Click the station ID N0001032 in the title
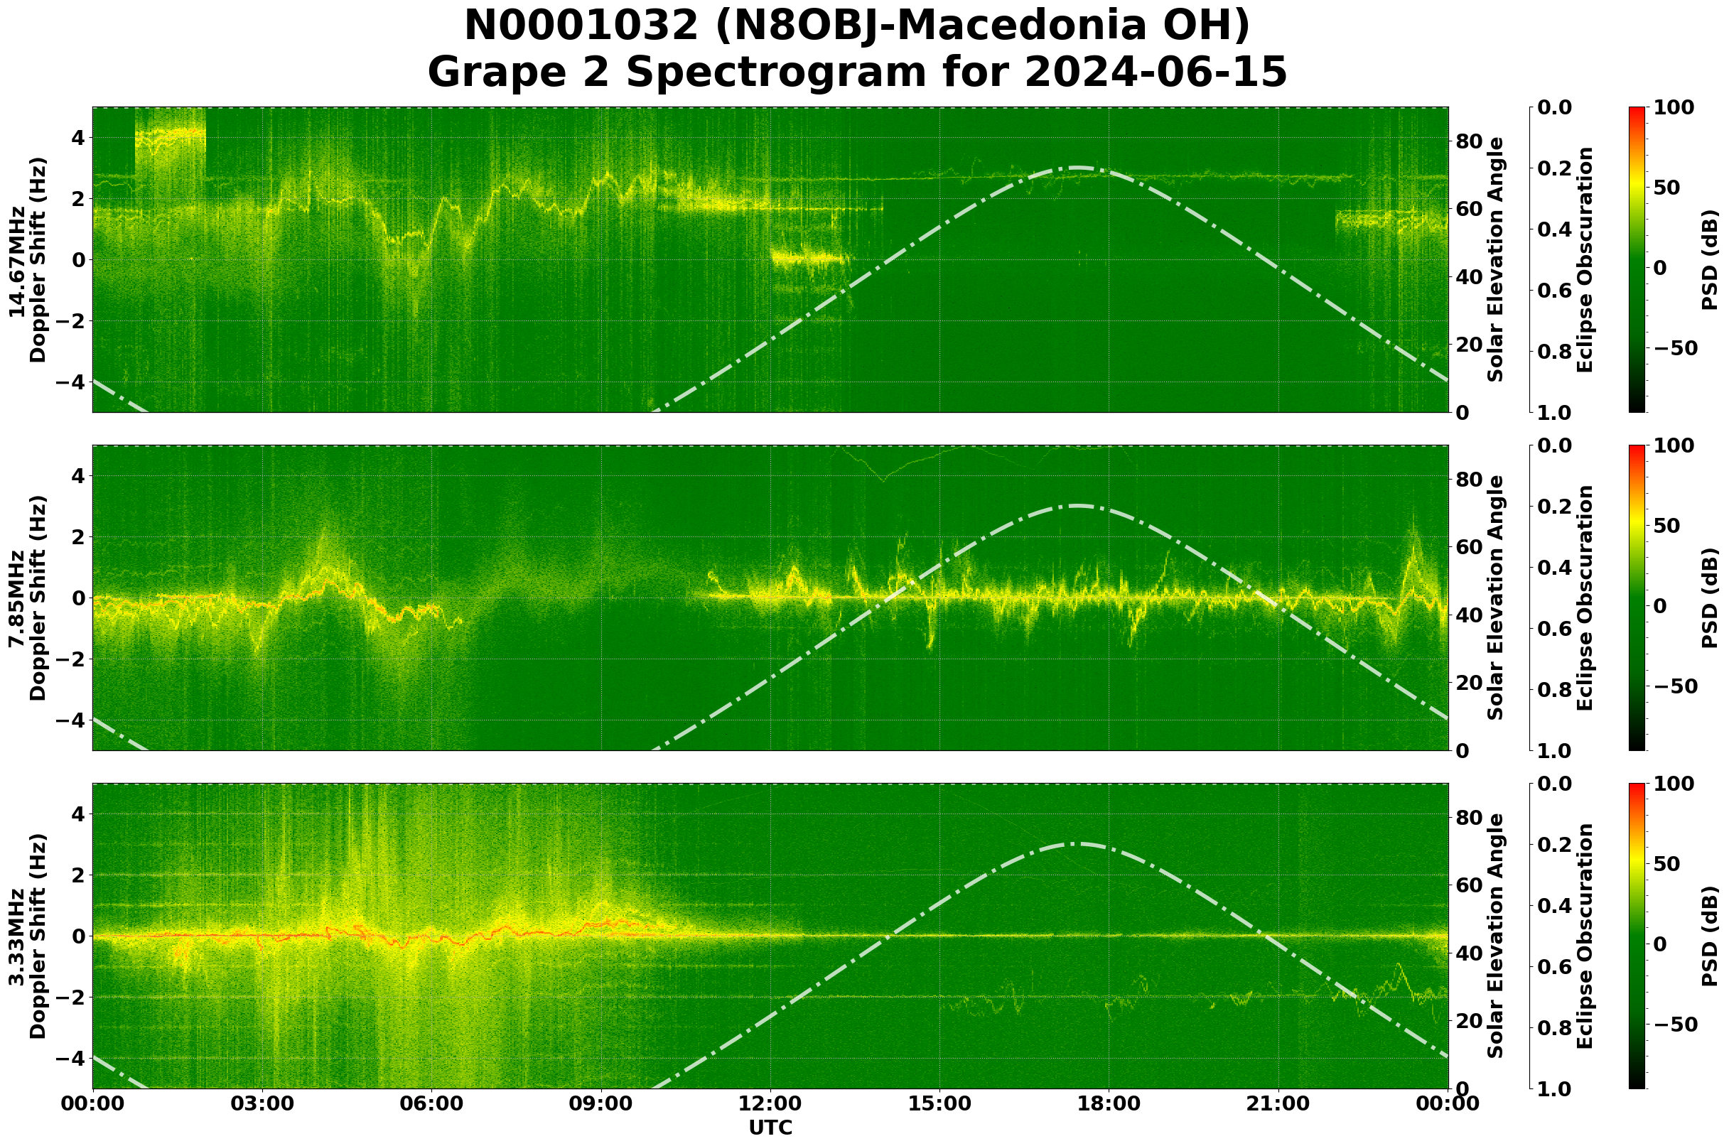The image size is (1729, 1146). pyautogui.click(x=582, y=26)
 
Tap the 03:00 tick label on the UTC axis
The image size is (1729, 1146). pyautogui.click(x=262, y=1104)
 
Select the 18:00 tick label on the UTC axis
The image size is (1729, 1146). pyautogui.click(x=1109, y=1104)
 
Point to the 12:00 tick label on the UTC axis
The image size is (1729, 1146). pyautogui.click(x=770, y=1104)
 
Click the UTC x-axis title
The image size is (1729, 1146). pyautogui.click(x=770, y=1128)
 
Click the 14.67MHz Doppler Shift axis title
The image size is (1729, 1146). pyautogui.click(x=28, y=260)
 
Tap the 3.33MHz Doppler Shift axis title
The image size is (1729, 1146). pyautogui.click(x=28, y=936)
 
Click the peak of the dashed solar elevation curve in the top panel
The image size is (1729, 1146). pyautogui.click(x=1076, y=168)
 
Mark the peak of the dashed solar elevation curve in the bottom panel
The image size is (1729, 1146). pyautogui.click(x=1076, y=844)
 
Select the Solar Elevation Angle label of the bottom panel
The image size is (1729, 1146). pyautogui.click(x=1496, y=936)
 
